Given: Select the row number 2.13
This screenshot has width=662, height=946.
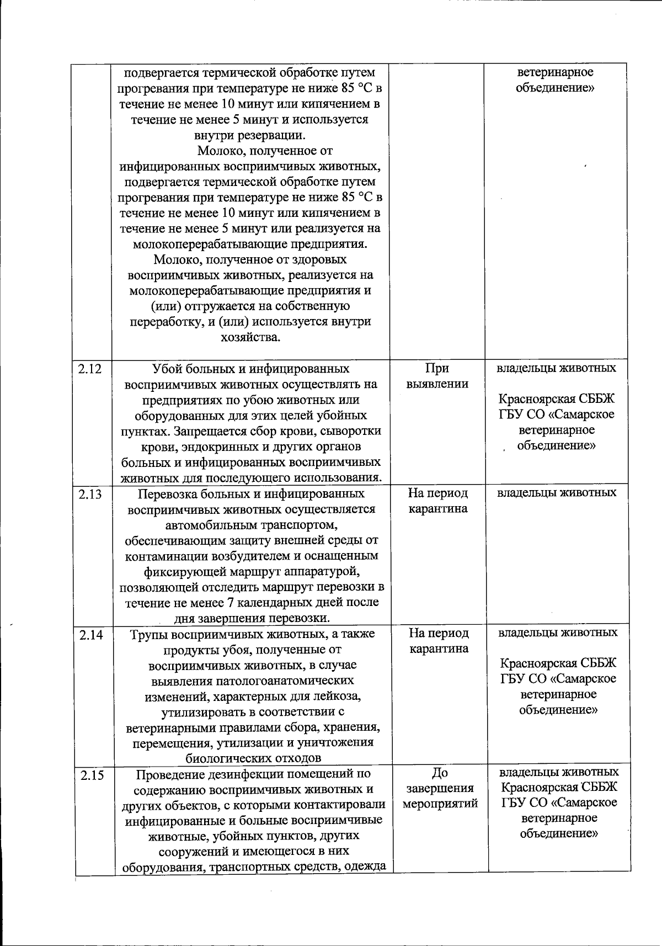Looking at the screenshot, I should [90, 494].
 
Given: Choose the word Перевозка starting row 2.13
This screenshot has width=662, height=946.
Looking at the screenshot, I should [165, 494].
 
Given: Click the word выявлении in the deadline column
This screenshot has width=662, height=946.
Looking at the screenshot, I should [437, 384].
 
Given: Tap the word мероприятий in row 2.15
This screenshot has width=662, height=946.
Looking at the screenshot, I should [440, 804].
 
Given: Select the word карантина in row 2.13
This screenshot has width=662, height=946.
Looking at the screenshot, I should [438, 509].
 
